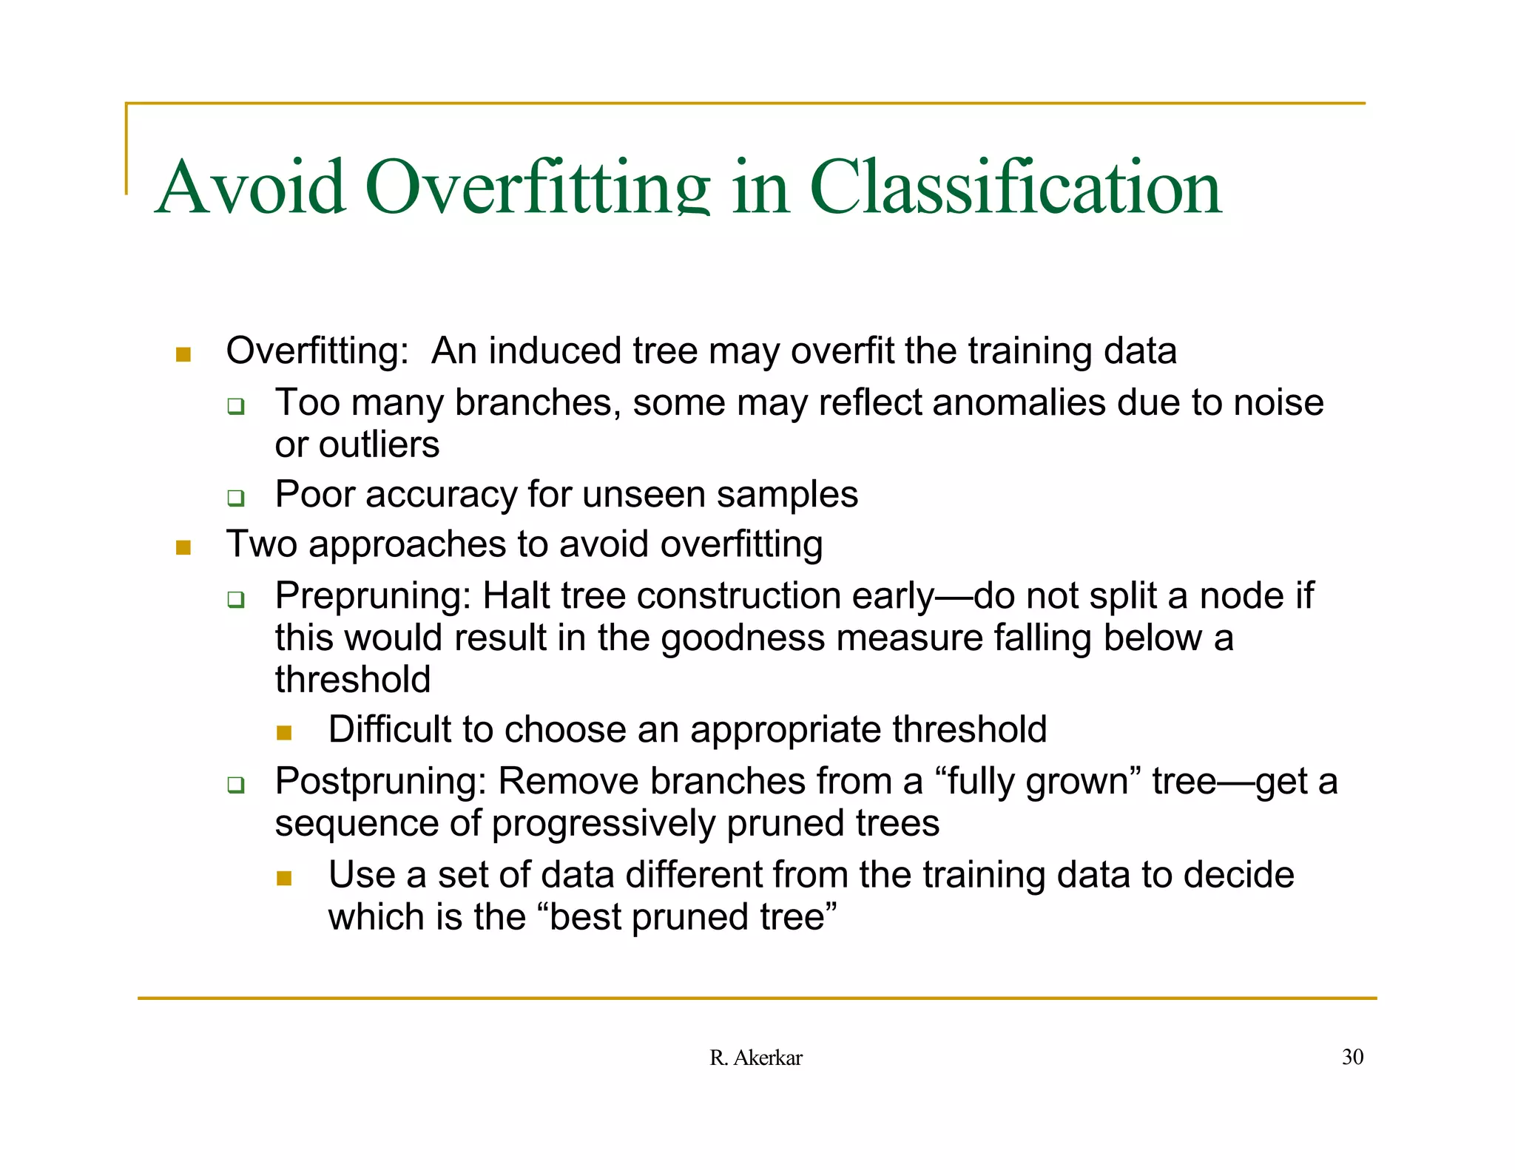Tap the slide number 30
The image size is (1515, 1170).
pos(1352,1057)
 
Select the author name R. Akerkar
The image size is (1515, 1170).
pos(755,1058)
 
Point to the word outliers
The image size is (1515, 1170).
pos(379,445)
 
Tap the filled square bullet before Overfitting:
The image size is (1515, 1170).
pos(183,355)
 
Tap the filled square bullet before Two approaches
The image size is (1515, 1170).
pos(183,548)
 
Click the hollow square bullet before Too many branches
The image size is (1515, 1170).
pos(235,406)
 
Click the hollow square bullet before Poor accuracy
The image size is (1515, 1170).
pos(235,498)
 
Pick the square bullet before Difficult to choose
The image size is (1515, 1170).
pos(284,733)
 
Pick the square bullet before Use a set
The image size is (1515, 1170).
pos(284,879)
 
